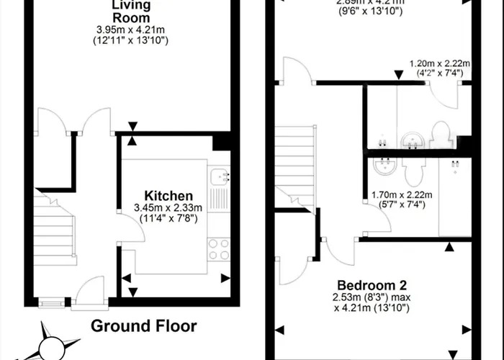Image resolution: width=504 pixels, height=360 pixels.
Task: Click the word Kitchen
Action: [x=168, y=196]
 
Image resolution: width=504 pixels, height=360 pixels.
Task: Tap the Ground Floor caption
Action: [x=143, y=325]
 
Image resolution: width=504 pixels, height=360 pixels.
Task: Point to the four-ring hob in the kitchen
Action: [x=218, y=248]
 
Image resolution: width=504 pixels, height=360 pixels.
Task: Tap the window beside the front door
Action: [x=50, y=303]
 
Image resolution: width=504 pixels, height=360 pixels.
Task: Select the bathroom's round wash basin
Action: [x=382, y=169]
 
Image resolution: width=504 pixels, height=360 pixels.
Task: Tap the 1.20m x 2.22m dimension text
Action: [x=436, y=63]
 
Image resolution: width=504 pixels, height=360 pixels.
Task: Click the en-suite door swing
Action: [x=441, y=92]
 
